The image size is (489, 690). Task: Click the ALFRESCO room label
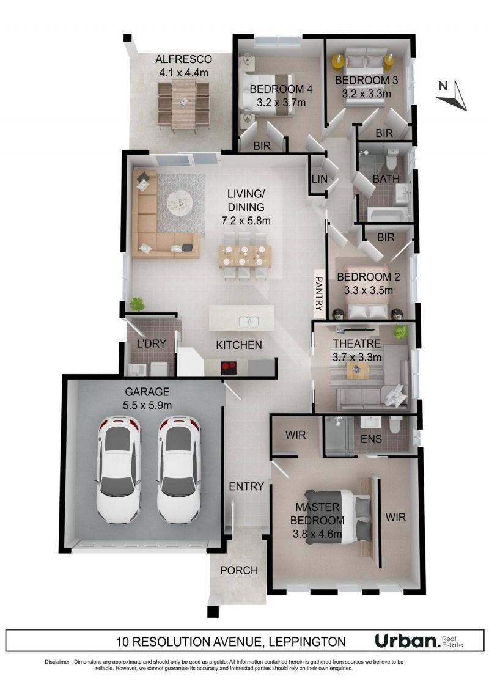[183, 59]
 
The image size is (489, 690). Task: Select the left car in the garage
[119, 469]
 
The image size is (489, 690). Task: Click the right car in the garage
[178, 469]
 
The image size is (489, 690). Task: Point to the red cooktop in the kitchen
[228, 367]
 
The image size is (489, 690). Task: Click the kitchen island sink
[248, 321]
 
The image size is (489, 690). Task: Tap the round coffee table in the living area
[180, 202]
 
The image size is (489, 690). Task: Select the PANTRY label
[319, 293]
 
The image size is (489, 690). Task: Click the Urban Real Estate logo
[419, 640]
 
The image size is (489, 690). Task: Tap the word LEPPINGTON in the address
[307, 642]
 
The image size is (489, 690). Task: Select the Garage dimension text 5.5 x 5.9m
[147, 405]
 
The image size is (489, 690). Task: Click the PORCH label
[239, 570]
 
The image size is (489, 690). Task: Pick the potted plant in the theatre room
[400, 331]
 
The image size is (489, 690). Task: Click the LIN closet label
[320, 178]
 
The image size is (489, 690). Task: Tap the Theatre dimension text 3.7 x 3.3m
[357, 357]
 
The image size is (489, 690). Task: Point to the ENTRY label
[246, 486]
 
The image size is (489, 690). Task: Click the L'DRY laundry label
[151, 343]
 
